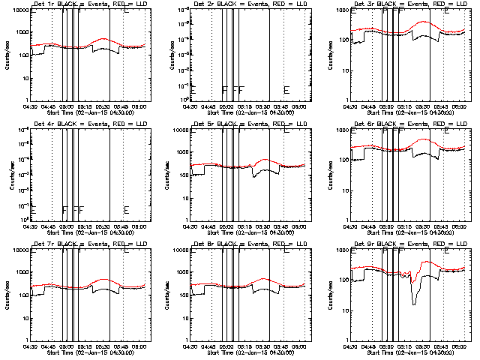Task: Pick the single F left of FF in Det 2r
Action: pyautogui.click(x=224, y=90)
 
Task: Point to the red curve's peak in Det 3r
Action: pyautogui.click(x=424, y=22)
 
